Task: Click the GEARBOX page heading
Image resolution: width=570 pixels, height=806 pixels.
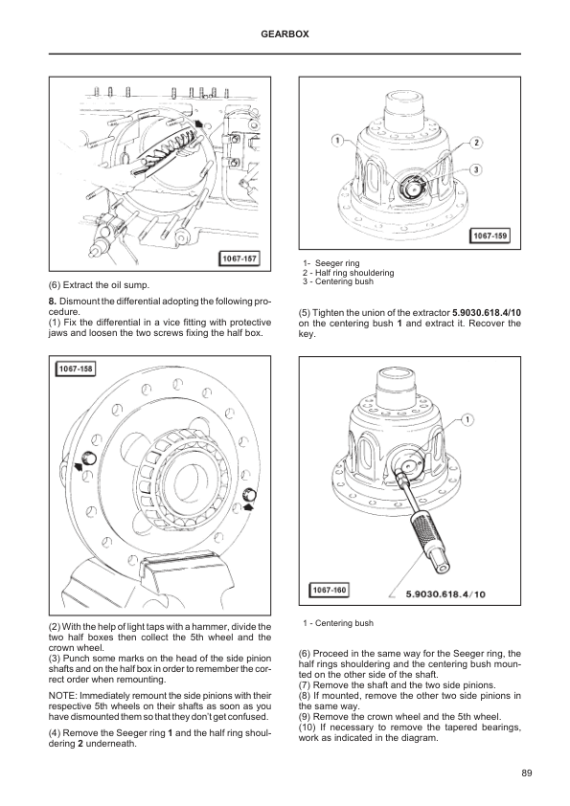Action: click(x=285, y=34)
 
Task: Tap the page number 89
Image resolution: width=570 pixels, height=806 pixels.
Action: click(x=526, y=772)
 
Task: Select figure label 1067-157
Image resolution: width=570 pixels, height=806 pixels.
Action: click(x=239, y=258)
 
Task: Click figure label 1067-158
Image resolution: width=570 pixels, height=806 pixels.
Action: click(x=76, y=369)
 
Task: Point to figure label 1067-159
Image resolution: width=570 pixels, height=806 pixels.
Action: click(x=490, y=235)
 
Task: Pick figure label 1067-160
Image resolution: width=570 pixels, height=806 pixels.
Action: click(x=330, y=590)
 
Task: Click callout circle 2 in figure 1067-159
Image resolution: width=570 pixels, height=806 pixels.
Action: click(x=476, y=143)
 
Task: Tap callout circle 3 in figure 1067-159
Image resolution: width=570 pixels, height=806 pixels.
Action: click(x=476, y=169)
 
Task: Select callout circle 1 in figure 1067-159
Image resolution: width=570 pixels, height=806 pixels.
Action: click(x=337, y=141)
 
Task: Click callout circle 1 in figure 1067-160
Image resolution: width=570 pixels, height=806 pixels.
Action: click(x=467, y=420)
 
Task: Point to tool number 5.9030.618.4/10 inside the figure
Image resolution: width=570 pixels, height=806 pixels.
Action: click(x=445, y=594)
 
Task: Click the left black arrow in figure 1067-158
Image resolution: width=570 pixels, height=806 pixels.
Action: click(x=79, y=466)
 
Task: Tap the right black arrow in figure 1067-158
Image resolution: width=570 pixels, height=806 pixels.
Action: click(x=249, y=506)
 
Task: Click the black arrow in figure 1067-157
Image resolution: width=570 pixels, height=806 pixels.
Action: click(x=199, y=123)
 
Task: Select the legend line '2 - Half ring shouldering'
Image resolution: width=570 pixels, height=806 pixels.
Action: click(x=349, y=273)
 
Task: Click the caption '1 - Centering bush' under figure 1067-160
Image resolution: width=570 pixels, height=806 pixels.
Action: click(x=338, y=623)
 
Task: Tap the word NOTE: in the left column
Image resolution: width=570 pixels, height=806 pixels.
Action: click(x=62, y=696)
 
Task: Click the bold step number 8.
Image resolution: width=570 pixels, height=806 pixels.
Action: click(x=52, y=301)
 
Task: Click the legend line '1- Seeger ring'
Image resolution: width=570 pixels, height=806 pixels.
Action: click(x=331, y=263)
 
